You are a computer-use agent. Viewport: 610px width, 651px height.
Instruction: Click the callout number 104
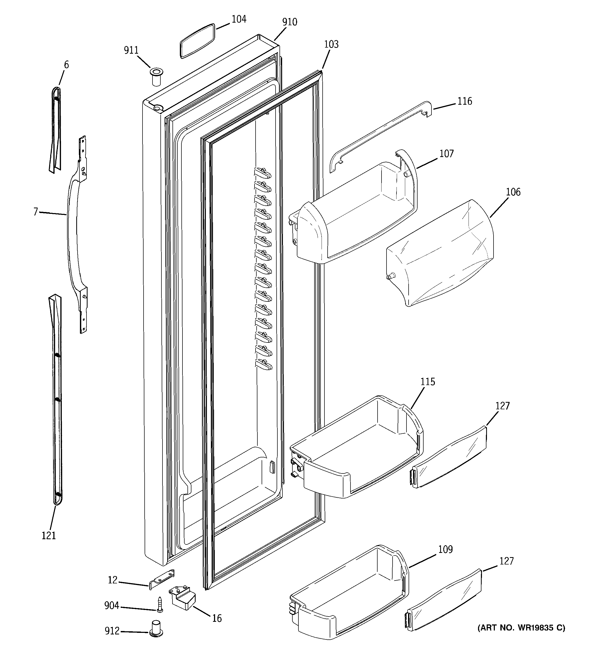(239, 19)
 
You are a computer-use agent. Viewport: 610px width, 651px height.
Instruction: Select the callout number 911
(131, 51)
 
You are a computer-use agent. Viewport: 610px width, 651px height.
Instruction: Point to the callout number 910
(289, 22)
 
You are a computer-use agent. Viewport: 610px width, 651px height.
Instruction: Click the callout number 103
(331, 44)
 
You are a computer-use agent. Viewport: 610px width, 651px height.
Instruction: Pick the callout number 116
(465, 101)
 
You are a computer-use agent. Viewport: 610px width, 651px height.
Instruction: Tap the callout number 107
(446, 154)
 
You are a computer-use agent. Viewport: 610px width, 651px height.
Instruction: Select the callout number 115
(428, 382)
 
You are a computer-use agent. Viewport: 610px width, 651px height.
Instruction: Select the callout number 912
(112, 631)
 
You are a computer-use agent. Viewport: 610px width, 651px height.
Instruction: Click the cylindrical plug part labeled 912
(156, 629)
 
